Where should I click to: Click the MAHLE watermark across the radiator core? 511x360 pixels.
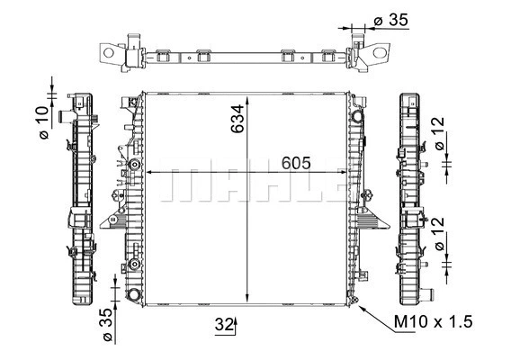(252, 185)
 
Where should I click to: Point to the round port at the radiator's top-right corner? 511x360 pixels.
(358, 117)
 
